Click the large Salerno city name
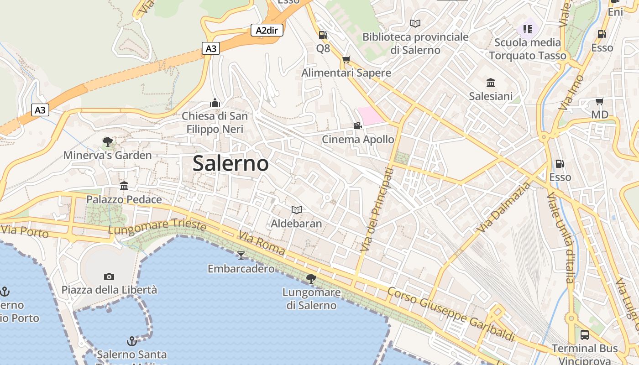(230, 163)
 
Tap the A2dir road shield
(267, 31)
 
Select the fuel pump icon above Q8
(323, 35)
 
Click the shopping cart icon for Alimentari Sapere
(346, 60)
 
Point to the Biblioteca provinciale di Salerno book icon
(415, 23)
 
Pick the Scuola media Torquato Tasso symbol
(528, 29)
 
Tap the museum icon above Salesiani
(491, 83)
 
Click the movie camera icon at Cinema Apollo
(357, 125)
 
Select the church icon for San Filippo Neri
(215, 103)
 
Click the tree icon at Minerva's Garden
(108, 141)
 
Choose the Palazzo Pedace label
(124, 199)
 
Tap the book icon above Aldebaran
(297, 210)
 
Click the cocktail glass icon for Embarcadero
(241, 255)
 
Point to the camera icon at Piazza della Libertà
(109, 276)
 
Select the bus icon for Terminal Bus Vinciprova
(585, 335)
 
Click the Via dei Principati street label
(377, 209)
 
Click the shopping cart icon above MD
(599, 101)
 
